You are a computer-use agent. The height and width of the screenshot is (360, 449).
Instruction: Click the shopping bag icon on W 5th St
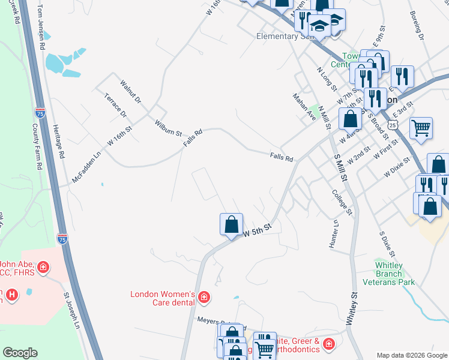[231, 225]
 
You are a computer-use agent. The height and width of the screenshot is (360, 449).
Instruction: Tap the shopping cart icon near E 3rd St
[421, 128]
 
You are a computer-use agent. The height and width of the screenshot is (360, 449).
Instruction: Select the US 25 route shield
[392, 124]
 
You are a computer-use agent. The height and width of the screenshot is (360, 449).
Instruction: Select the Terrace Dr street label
[115, 105]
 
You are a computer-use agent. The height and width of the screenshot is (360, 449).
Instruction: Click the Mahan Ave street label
[304, 107]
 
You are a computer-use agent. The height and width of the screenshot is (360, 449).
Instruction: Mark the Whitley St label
[352, 308]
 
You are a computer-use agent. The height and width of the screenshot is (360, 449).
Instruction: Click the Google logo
[20, 353]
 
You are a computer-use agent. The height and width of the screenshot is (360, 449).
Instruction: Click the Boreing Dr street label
[417, 26]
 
